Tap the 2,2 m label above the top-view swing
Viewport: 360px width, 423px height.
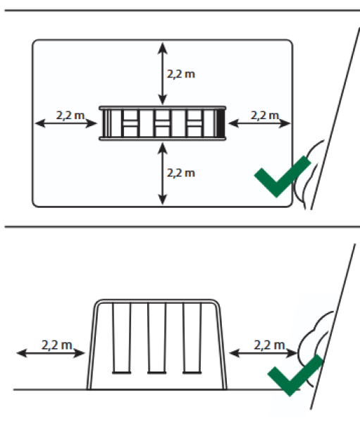(x=181, y=74)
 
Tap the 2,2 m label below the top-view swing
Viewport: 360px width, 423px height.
(x=181, y=173)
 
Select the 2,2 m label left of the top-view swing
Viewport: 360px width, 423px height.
(x=70, y=116)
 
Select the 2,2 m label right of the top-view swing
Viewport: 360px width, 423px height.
(x=265, y=116)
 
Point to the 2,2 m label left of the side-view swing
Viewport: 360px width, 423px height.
(x=57, y=345)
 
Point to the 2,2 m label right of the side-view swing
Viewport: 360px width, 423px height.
(x=269, y=345)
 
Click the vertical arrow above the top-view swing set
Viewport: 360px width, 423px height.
(x=162, y=73)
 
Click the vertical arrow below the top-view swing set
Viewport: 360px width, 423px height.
(x=162, y=173)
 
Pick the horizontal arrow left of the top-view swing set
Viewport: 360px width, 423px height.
(x=66, y=123)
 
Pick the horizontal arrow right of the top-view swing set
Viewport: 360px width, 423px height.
(x=259, y=123)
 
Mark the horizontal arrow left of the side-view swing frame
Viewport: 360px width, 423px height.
(x=51, y=353)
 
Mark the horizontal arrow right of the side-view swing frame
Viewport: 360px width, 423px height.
(x=263, y=353)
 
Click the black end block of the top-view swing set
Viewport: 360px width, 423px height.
(x=221, y=123)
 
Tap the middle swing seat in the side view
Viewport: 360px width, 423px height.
(x=156, y=373)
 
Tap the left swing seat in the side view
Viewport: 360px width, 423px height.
(x=122, y=373)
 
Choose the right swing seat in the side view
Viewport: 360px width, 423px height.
(x=192, y=373)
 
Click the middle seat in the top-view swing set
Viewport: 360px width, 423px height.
(x=162, y=123)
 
